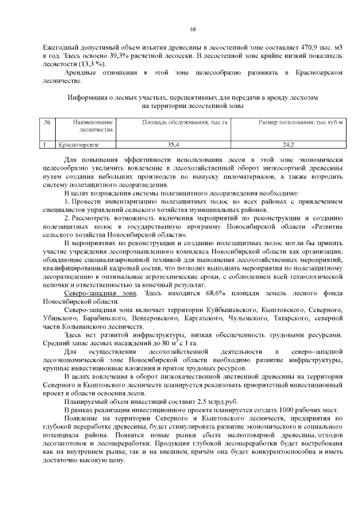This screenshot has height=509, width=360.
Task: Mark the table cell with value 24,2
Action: coord(289,145)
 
